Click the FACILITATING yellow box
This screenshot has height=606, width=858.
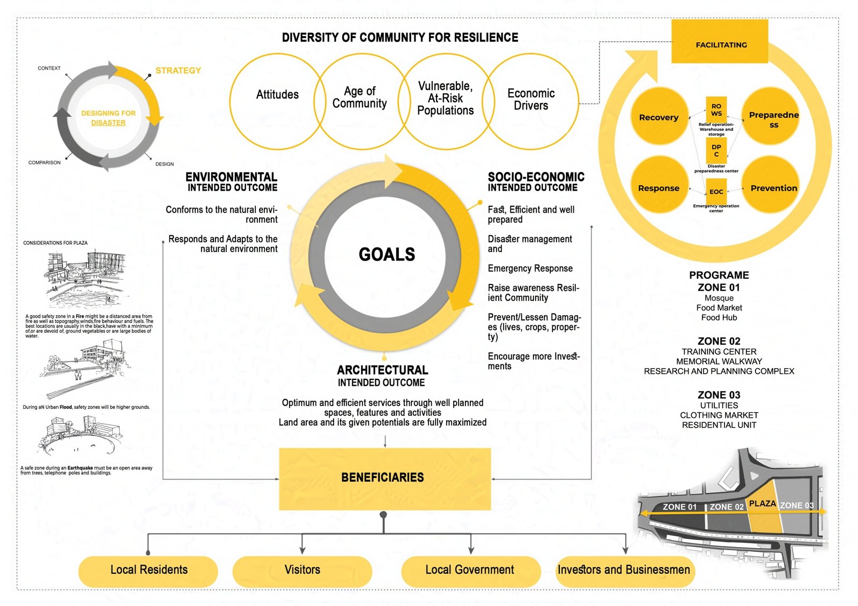[x=720, y=41]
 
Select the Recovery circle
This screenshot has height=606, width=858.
[x=659, y=116]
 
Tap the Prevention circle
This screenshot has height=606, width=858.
[x=770, y=184]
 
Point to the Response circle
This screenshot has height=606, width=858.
[x=659, y=184]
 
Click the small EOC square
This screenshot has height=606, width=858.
[x=716, y=191]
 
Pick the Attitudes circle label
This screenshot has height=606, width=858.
[x=277, y=94]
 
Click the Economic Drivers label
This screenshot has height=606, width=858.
[x=531, y=99]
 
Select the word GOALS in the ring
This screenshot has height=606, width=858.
[x=387, y=254]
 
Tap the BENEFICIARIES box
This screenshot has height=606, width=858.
[x=384, y=479]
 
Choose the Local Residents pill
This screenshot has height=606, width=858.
[x=148, y=571]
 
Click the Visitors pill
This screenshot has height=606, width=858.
[x=302, y=571]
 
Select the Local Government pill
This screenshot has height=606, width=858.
[x=471, y=571]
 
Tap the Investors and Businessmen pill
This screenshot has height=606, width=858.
[x=625, y=571]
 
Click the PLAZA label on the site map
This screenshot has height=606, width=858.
[x=762, y=504]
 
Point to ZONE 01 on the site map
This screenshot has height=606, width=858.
[x=679, y=507]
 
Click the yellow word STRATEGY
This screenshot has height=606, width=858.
[x=178, y=70]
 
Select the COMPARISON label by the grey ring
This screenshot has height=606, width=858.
[x=45, y=162]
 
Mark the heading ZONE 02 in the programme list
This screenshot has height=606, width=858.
[x=719, y=341]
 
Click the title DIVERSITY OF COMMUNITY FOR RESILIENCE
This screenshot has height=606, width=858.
[x=400, y=37]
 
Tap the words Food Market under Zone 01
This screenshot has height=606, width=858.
[x=719, y=308]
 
